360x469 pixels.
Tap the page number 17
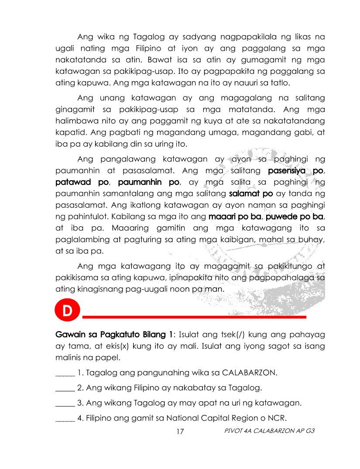[180, 431]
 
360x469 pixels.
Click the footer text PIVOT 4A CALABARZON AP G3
[269, 431]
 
